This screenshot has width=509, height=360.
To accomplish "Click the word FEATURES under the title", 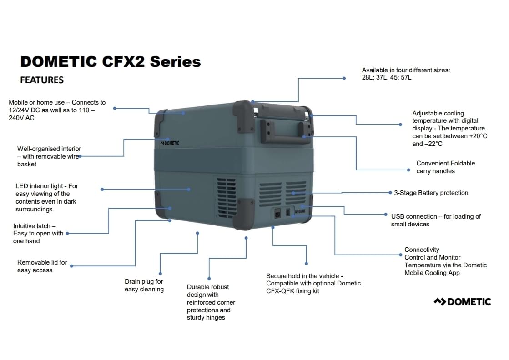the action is pos(42,80).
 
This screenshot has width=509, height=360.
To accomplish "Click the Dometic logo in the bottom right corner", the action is pos(462,302).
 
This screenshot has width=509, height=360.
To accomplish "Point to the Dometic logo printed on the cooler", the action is pos(170,143).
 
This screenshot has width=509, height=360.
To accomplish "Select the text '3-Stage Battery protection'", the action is pos(431,193).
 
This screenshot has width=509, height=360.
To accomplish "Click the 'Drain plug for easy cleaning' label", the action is pos(144,285).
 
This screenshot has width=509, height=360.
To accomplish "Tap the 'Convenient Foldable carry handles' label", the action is pos(446,167).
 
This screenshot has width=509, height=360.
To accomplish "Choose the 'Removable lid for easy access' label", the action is pos(42,266).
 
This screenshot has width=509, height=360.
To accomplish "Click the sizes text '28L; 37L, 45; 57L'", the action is pos(387,78).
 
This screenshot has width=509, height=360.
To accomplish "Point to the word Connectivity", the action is pos(422,250).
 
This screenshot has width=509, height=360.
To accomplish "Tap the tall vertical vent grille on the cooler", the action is pos(226,198).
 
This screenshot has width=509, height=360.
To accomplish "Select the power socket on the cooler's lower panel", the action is pos(278,214).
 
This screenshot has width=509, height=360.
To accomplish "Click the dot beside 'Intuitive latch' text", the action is pos(67,233).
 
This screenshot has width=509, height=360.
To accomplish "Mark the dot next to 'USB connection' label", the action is pos(386,215).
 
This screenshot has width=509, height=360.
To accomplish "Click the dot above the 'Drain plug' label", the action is pos(197,233).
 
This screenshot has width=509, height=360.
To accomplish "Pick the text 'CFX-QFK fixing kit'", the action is pos(292,291).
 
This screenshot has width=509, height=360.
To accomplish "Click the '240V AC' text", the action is pos(21,118).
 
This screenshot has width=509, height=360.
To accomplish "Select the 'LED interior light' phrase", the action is pos(39,186).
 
